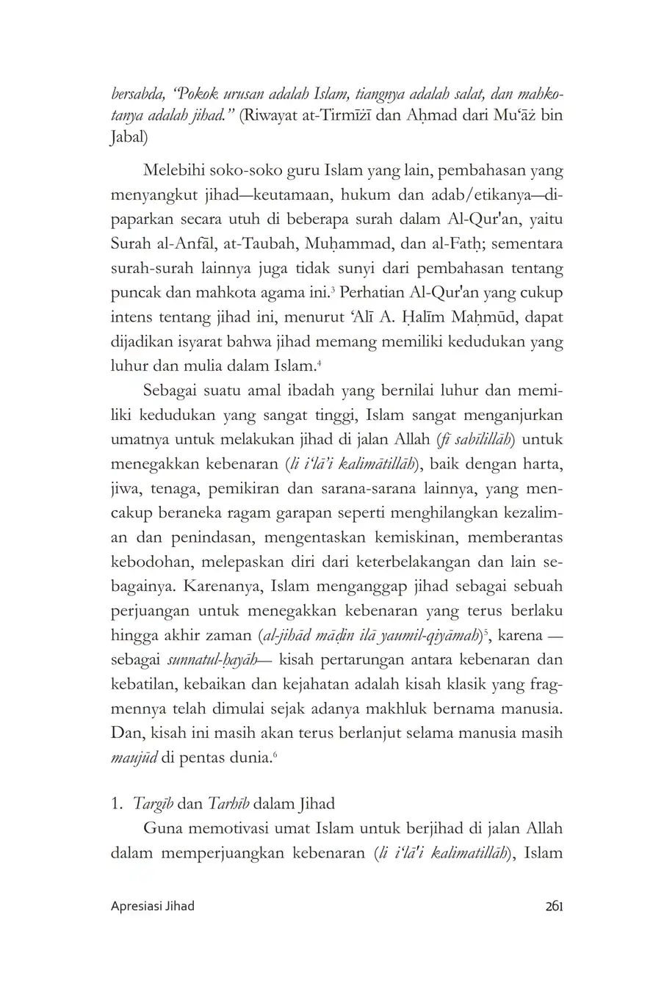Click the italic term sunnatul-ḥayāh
pos(212,659)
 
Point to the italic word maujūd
pos(134,756)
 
